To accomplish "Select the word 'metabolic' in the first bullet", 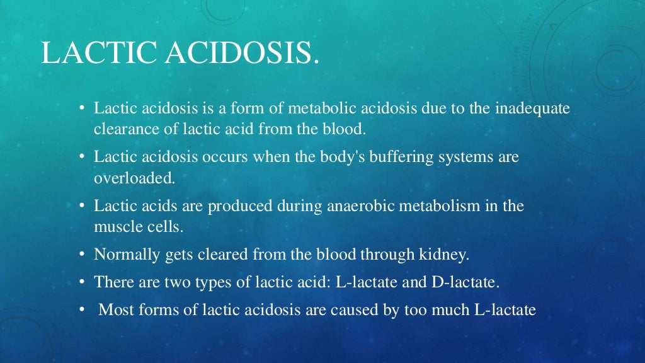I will point(321,108).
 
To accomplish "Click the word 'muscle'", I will point(114,227).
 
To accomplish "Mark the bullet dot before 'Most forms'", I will point(83,309).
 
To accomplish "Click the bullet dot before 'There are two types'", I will point(83,282).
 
